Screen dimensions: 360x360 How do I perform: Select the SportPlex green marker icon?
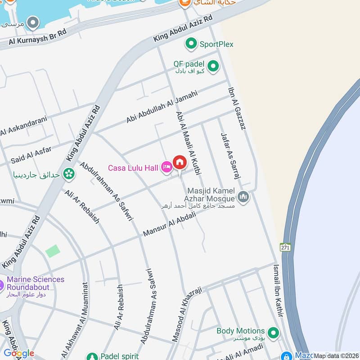pyautogui.click(x=191, y=44)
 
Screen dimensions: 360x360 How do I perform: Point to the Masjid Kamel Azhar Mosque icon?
pyautogui.click(x=243, y=198)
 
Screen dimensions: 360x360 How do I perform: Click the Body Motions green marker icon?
pyautogui.click(x=272, y=333)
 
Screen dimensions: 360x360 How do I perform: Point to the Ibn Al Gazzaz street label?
pyautogui.click(x=237, y=108)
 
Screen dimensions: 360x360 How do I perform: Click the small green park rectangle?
pyautogui.click(x=53, y=251)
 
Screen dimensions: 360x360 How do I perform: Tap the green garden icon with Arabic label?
pyautogui.click(x=69, y=173)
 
